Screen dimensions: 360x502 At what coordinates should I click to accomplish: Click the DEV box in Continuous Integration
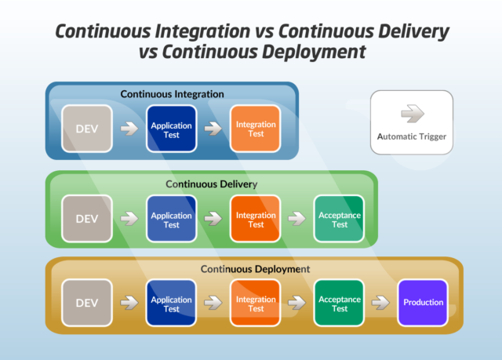click(87, 129)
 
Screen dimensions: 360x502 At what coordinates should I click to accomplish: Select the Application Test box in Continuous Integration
click(171, 129)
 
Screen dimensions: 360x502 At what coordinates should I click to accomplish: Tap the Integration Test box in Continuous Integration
click(256, 129)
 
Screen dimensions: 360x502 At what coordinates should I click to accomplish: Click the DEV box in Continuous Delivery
click(87, 219)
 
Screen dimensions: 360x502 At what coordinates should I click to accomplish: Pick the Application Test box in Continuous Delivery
click(171, 219)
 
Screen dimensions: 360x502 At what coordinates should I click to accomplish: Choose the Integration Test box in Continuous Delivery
click(256, 219)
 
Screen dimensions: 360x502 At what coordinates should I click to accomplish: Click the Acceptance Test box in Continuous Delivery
click(340, 219)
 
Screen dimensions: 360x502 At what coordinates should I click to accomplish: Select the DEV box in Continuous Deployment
click(87, 303)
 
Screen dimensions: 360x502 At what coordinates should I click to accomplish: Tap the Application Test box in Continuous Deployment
click(171, 303)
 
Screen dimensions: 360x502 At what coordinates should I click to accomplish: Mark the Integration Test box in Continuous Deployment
click(256, 303)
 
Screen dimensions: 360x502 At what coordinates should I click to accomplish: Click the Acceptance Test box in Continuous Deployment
click(340, 303)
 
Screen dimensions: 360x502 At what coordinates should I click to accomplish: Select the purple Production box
click(424, 303)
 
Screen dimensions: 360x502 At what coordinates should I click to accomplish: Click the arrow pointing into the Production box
click(381, 303)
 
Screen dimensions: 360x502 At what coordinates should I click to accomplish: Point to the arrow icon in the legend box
click(412, 115)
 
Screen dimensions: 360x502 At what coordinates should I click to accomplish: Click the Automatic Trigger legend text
click(412, 136)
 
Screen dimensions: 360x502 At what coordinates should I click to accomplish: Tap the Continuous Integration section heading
click(172, 94)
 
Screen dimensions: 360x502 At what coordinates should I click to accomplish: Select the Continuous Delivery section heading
click(211, 184)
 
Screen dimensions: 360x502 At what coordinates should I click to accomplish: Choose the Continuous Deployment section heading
click(255, 268)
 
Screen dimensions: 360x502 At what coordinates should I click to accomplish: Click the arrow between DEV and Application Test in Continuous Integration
click(129, 129)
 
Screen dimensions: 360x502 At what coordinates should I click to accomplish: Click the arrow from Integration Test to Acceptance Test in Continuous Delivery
click(297, 219)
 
